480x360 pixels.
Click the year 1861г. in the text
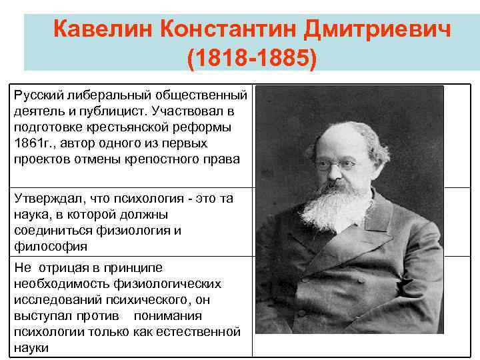click(32, 143)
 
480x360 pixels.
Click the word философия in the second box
click(50, 247)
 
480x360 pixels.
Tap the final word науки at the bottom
click(31, 347)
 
